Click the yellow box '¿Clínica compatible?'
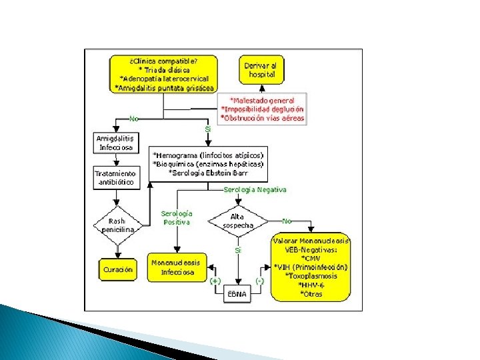[164, 73]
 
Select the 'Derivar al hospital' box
[261, 70]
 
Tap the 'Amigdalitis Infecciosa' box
[115, 143]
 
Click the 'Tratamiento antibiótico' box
[115, 177]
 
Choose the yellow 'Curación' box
[117, 269]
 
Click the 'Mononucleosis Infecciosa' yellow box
[175, 267]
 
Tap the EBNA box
[237, 294]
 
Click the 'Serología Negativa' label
[255, 189]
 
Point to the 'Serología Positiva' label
[175, 218]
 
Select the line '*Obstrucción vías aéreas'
[263, 118]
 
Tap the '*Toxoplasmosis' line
[311, 275]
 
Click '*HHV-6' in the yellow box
[311, 284]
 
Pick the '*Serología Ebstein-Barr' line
[208, 172]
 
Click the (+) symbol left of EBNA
[215, 281]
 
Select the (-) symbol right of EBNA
[260, 281]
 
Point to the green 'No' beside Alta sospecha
[287, 220]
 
